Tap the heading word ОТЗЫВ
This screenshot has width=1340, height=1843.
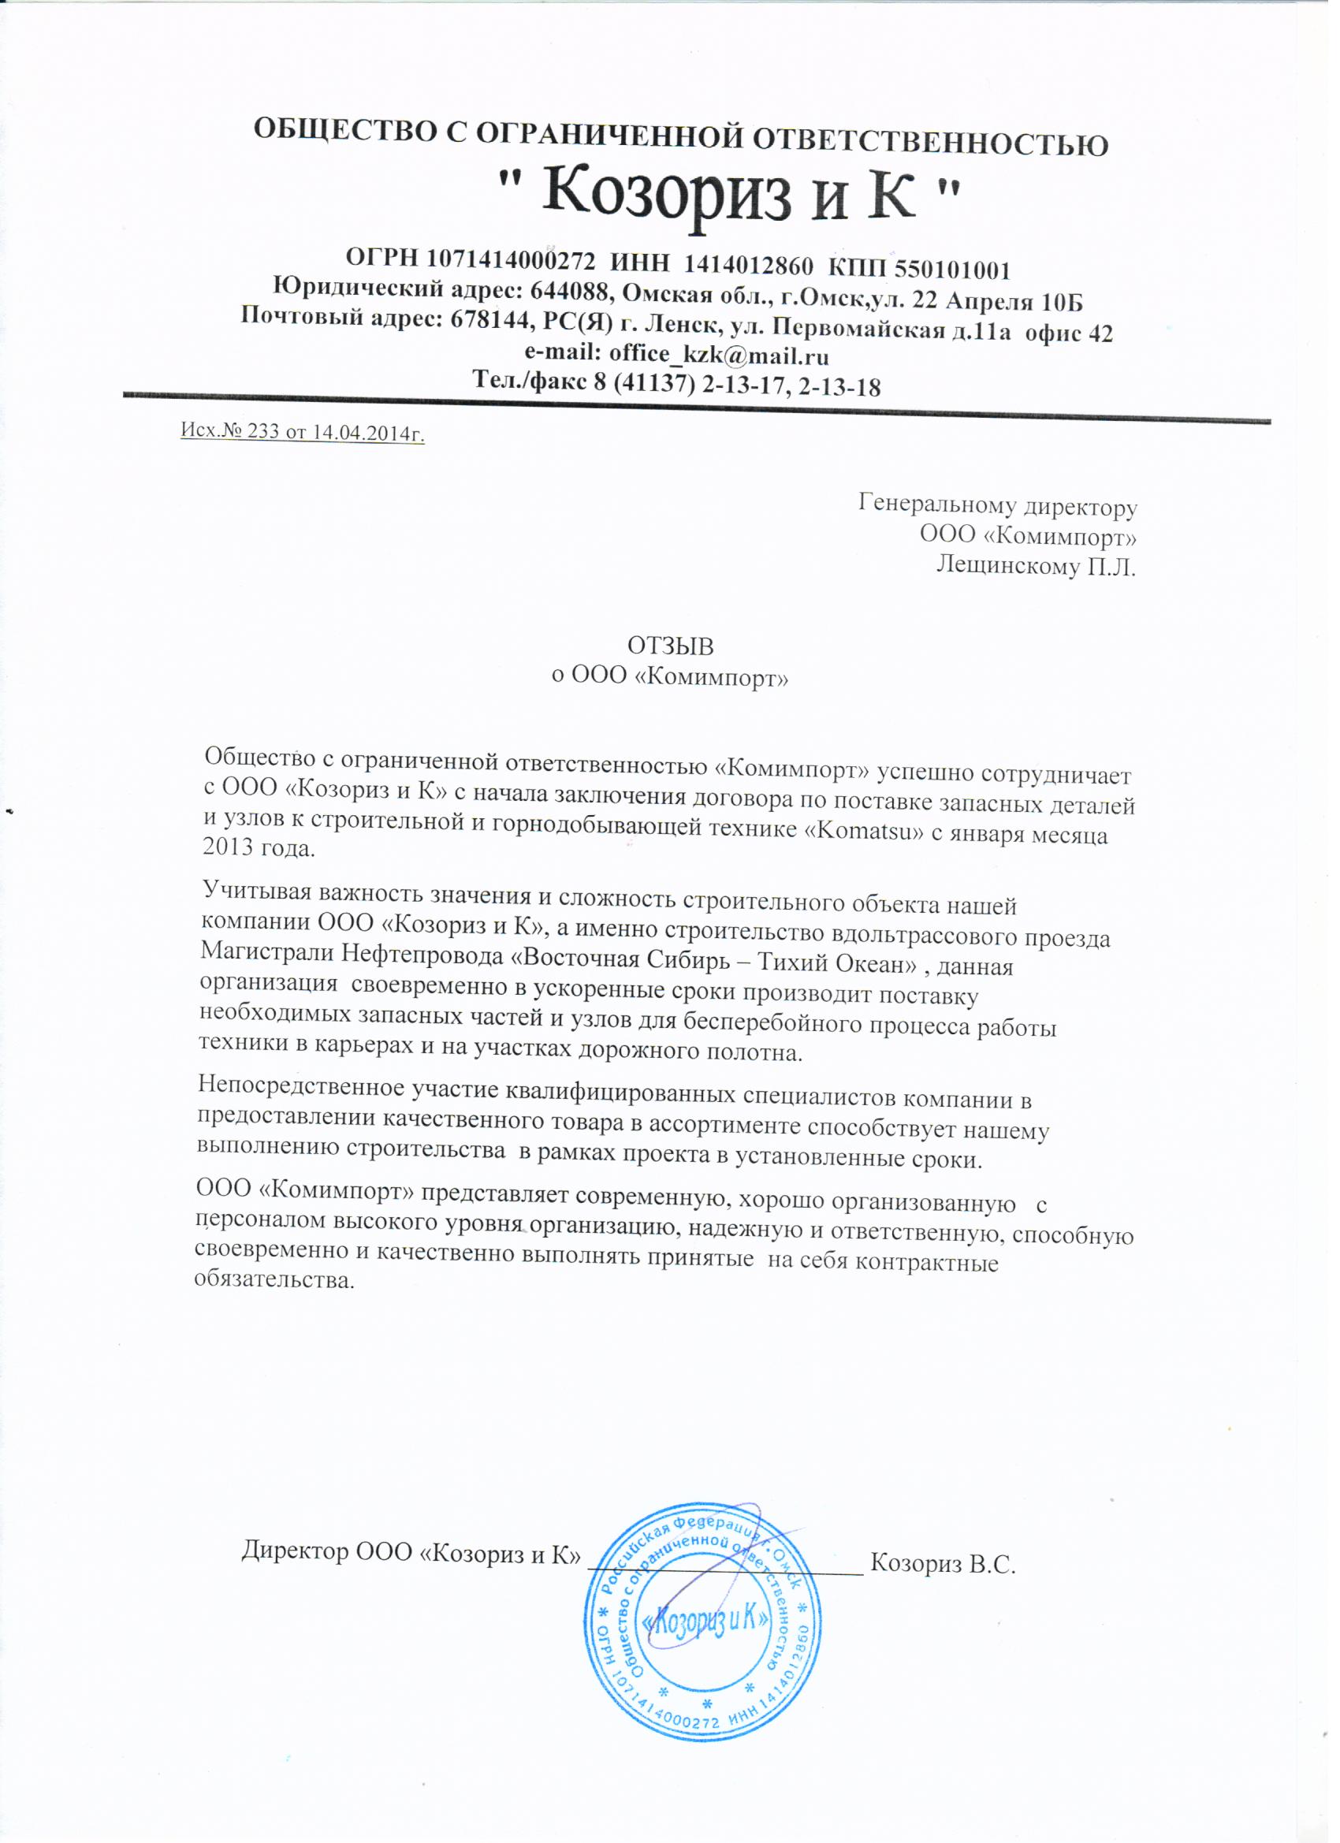[671, 646]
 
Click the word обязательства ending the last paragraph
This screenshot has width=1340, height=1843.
[274, 1280]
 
